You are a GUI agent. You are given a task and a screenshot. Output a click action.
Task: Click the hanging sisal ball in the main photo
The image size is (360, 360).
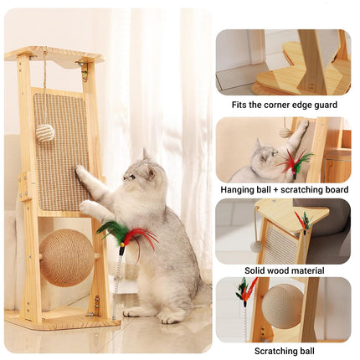coord(45,132)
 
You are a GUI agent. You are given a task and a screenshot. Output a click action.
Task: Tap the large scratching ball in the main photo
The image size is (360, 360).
coord(67,258)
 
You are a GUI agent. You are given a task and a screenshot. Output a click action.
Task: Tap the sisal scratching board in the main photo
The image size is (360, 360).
coord(60,151)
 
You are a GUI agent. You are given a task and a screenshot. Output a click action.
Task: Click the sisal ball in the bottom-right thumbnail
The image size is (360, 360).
coord(283,306)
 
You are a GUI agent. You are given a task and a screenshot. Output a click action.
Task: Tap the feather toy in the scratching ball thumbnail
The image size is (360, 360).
coord(245,292)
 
